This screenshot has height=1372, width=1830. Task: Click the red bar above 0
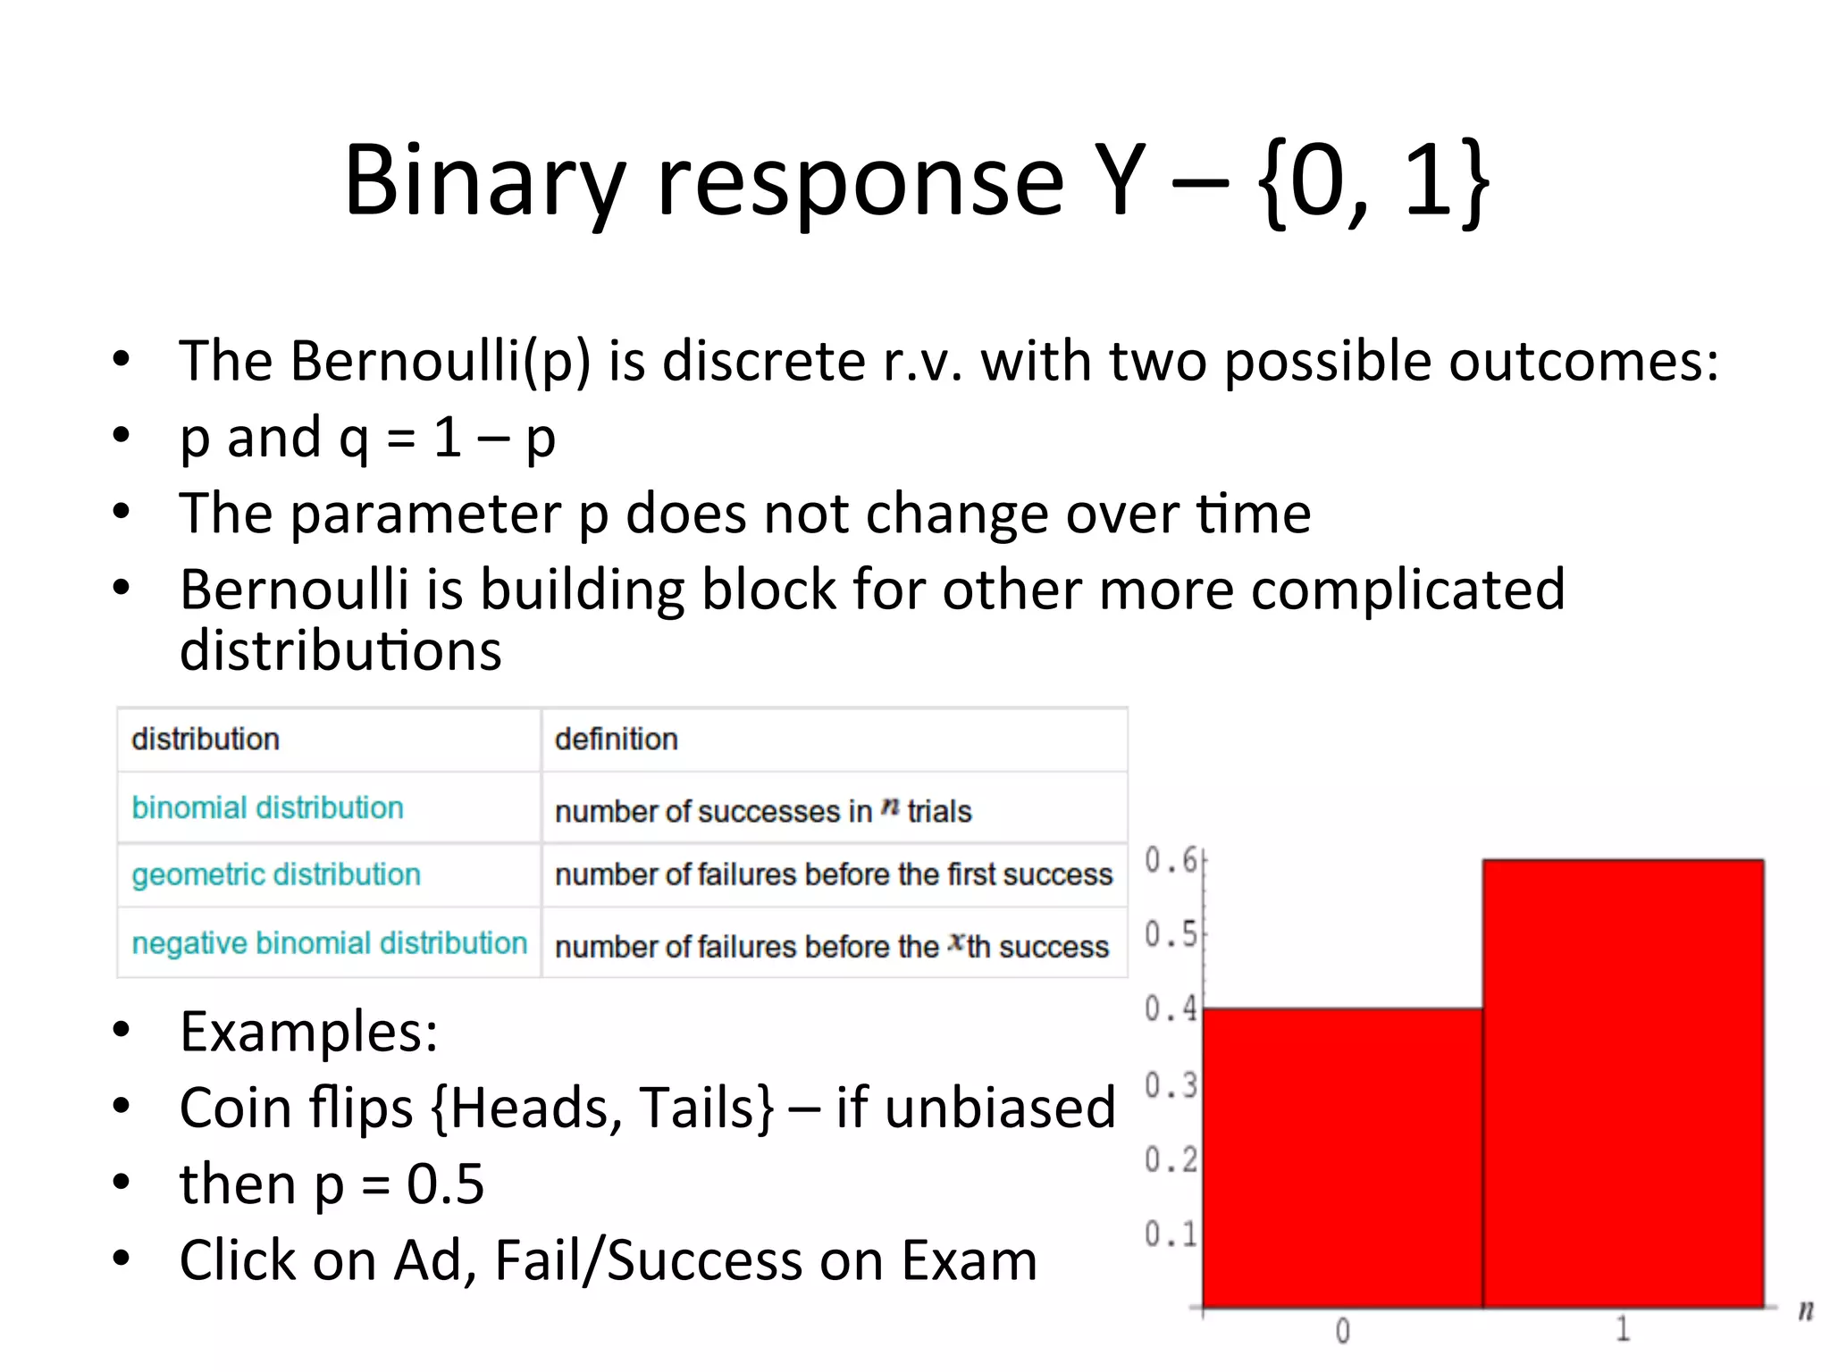(1342, 1158)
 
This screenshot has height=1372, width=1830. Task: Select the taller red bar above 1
(1623, 1083)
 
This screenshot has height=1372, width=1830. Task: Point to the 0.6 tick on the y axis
(1171, 860)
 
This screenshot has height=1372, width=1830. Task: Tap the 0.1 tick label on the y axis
(1171, 1234)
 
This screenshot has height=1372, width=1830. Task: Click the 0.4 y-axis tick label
(1171, 1008)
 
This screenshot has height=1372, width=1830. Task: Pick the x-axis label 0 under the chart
(1342, 1332)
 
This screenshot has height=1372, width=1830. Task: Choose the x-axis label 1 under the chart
(1623, 1330)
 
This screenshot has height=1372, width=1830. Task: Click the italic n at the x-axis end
(1806, 1311)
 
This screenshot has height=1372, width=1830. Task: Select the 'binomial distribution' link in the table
(267, 807)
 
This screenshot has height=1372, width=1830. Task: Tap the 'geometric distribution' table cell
(276, 874)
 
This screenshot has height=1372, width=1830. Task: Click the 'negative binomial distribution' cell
(329, 943)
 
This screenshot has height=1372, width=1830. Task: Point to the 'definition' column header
(616, 740)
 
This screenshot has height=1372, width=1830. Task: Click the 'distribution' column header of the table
(206, 740)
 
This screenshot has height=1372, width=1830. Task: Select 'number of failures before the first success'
(833, 874)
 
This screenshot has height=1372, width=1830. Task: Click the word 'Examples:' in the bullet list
(309, 1032)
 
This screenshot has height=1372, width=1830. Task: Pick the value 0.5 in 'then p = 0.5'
(445, 1184)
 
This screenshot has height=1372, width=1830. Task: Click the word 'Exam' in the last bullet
(969, 1260)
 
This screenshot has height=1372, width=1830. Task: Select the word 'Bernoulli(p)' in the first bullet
(441, 362)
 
